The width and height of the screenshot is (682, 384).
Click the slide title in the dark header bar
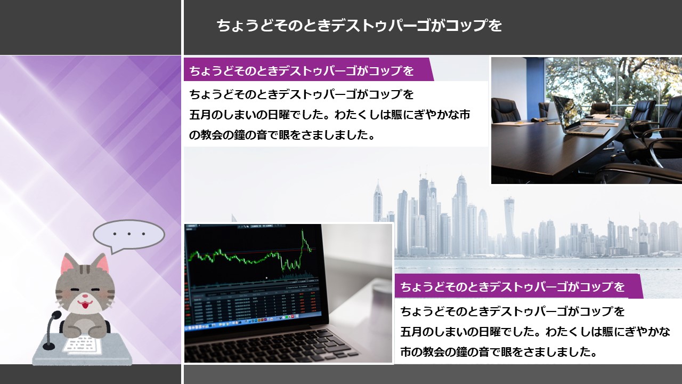coord(359,26)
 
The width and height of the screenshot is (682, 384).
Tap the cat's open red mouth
coord(85,304)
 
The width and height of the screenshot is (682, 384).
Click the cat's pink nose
coord(86,295)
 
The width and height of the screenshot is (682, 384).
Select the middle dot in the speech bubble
coord(129,234)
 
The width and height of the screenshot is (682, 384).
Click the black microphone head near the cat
coord(55,315)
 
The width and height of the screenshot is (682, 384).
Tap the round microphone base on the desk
coord(48,346)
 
